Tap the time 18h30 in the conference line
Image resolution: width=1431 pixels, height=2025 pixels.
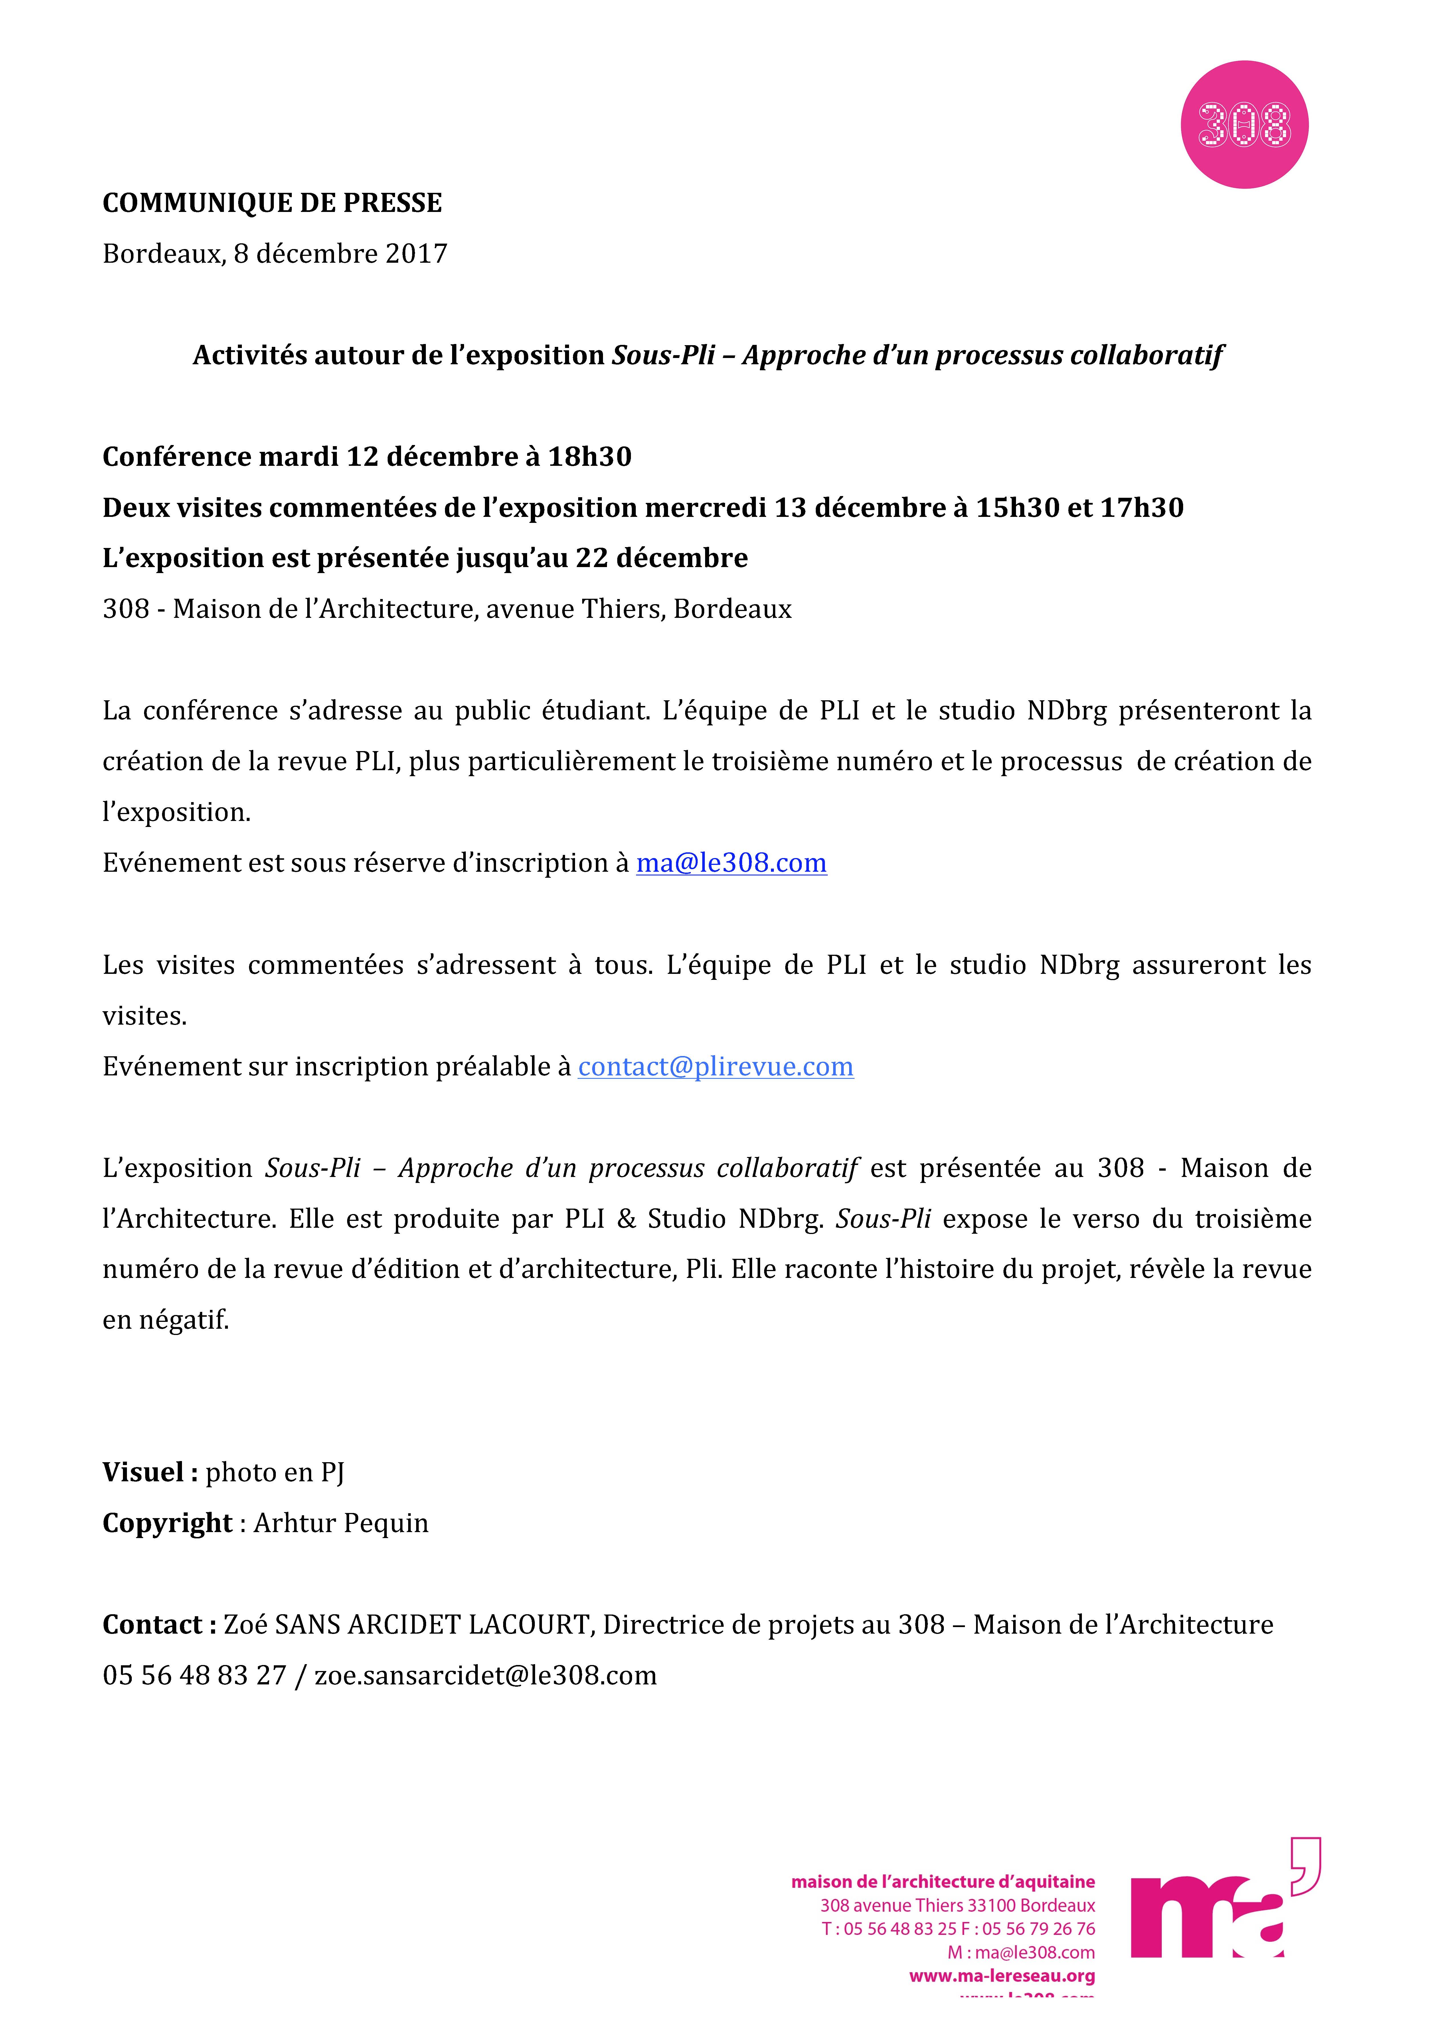(x=589, y=457)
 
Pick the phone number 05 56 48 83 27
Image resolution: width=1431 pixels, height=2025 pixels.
(x=194, y=1676)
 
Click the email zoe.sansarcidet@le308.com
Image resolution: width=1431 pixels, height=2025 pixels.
(x=486, y=1676)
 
